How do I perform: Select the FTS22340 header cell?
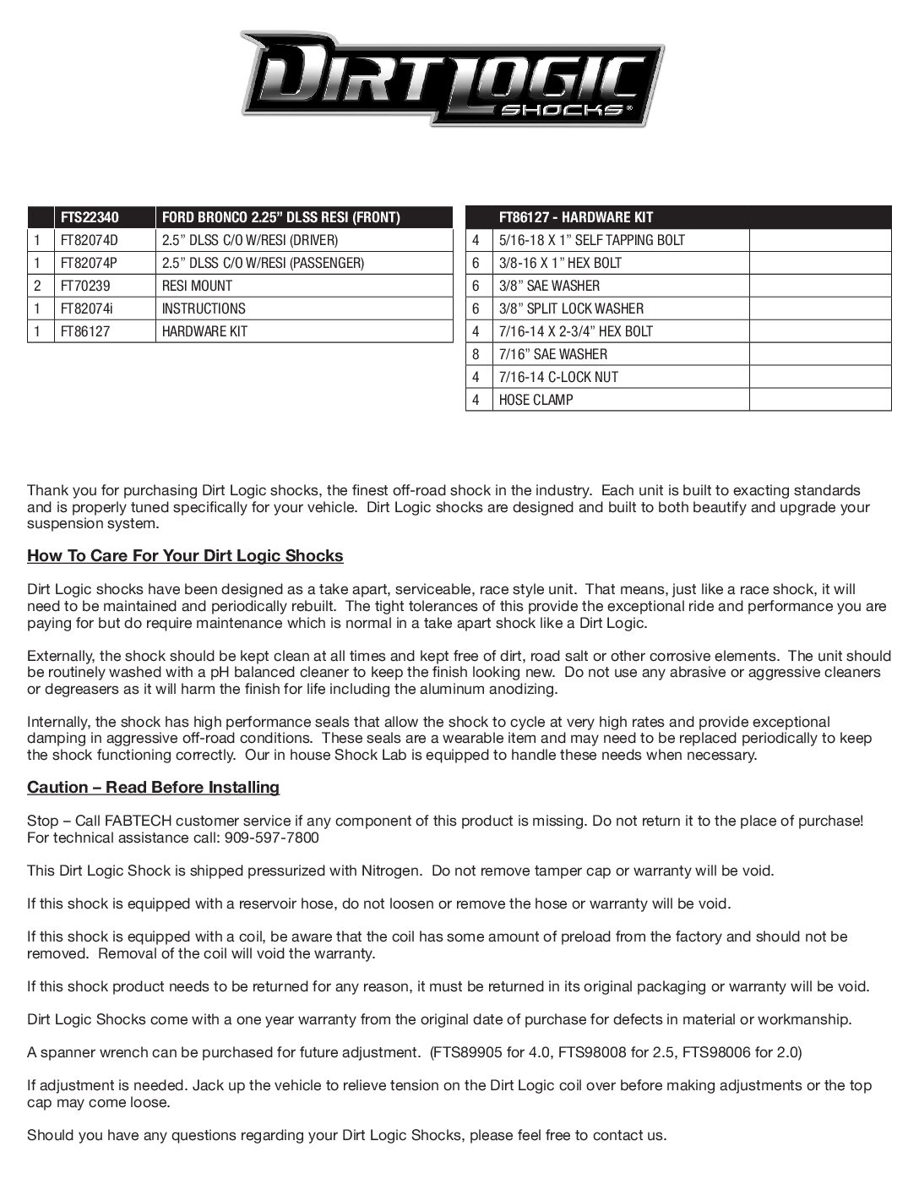pos(84,217)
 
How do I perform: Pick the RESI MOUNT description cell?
pos(197,286)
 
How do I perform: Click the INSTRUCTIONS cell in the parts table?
pos(204,308)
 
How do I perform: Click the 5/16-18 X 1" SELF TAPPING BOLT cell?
pos(591,240)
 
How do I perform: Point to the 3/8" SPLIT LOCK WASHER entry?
pos(571,308)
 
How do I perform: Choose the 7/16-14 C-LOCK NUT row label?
pos(558,377)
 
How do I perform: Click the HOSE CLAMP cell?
pos(536,400)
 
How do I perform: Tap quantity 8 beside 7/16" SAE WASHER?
pos(476,354)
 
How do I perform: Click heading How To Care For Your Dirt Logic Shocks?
pos(185,556)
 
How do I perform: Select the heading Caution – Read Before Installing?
pos(153,788)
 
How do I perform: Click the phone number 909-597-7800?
pos(271,838)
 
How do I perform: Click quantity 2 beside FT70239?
pos(37,286)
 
